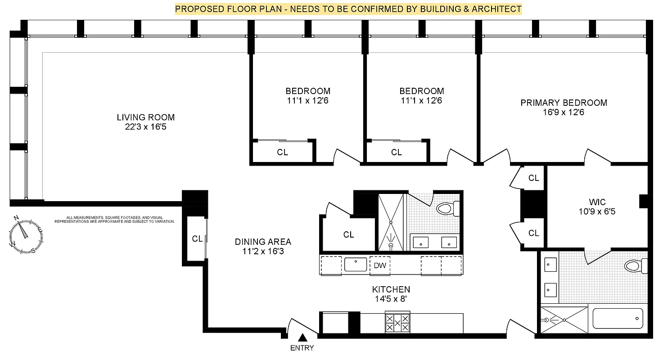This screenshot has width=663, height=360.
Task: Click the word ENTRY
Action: (302, 348)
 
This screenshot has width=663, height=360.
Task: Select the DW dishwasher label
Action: (380, 265)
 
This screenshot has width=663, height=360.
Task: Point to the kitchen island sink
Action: (356, 265)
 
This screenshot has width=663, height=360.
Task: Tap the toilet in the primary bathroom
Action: (636, 266)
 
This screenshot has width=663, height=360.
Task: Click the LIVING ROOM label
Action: (145, 117)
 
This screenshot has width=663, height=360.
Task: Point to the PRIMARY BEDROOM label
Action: (564, 103)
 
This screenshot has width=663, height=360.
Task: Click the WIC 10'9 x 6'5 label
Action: (596, 206)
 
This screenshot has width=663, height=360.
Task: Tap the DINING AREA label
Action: (263, 242)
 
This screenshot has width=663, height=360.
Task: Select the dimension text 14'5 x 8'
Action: (391, 299)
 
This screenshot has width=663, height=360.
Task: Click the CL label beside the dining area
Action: (197, 239)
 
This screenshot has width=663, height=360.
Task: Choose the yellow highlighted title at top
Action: (348, 9)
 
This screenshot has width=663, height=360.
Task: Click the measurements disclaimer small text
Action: (114, 219)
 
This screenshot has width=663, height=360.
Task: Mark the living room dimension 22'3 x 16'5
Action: (145, 127)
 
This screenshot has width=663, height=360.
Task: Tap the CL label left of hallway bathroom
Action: (348, 235)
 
